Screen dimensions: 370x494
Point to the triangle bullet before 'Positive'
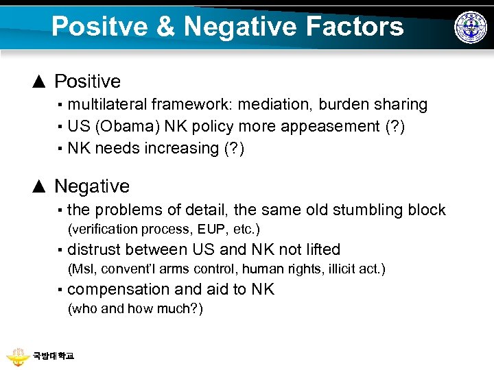[x=40, y=82]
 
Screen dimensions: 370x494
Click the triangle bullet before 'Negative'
[x=40, y=186]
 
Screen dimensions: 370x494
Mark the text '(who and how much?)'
[x=135, y=308]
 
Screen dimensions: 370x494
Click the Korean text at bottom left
[x=54, y=356]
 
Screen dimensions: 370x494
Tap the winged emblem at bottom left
[x=19, y=356]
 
